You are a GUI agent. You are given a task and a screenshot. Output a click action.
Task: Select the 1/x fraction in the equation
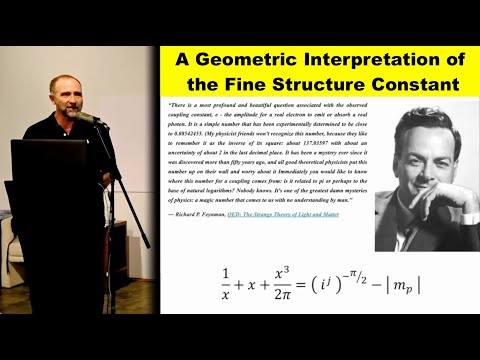click(226, 283)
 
